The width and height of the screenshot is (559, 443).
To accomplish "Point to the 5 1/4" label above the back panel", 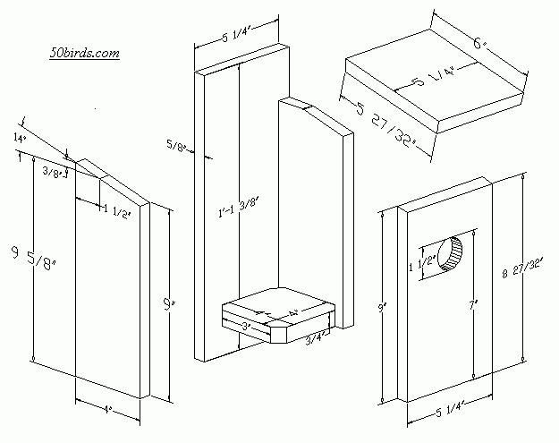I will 239,37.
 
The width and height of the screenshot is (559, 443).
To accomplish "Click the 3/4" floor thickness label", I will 315,338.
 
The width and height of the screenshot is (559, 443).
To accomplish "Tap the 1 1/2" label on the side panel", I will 116,212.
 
